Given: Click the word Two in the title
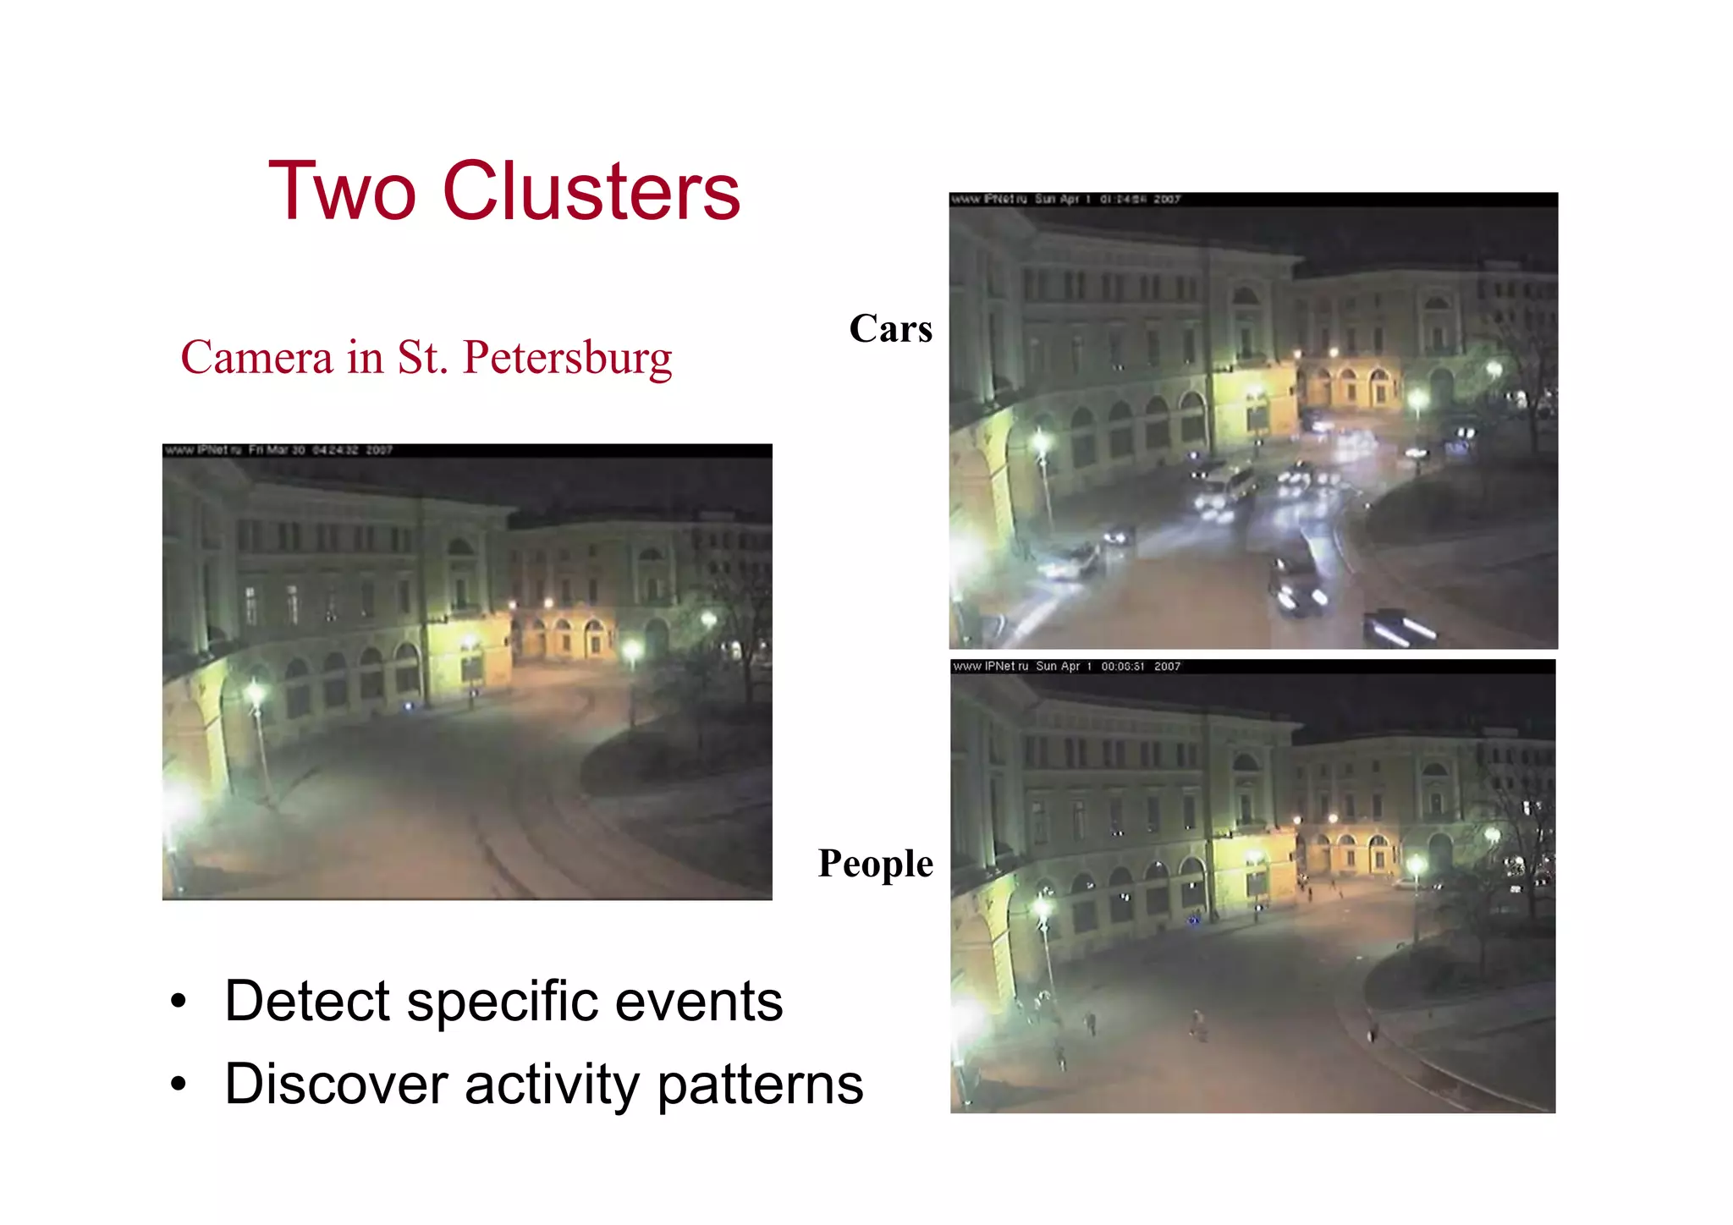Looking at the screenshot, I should pos(342,192).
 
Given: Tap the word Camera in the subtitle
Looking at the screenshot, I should pos(257,358).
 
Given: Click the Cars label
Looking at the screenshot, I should pos(890,329).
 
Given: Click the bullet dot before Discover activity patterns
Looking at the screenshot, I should pos(178,1084).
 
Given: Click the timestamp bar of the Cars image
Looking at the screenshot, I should pos(1252,200).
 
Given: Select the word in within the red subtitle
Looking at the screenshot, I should pos(365,358).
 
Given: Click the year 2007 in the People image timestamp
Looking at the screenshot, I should pos(1167,667).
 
